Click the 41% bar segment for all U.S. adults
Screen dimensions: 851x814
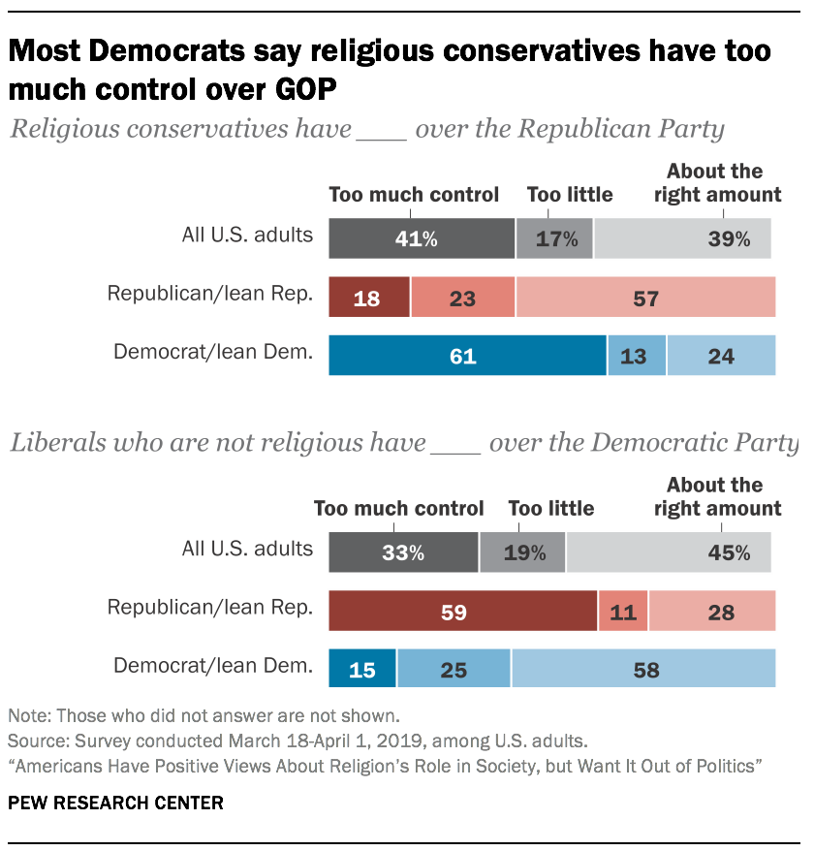pyautogui.click(x=422, y=238)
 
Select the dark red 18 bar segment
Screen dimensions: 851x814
pyautogui.click(x=369, y=298)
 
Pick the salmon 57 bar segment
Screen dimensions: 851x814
pyautogui.click(x=645, y=298)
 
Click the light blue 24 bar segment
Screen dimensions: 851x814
pyautogui.click(x=721, y=356)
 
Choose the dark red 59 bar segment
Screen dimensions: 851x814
pyautogui.click(x=463, y=612)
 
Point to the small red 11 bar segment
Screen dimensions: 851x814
pyautogui.click(x=623, y=612)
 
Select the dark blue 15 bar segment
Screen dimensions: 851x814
pyautogui.click(x=362, y=669)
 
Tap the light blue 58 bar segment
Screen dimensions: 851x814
pyautogui.click(x=643, y=669)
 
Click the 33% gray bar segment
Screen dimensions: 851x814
pyautogui.click(x=403, y=552)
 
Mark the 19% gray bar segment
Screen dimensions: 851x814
pyautogui.click(x=522, y=552)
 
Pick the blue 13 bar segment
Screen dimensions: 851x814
pyautogui.click(x=636, y=356)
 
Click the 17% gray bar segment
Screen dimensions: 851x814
pyautogui.click(x=554, y=238)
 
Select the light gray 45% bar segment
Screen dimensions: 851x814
pyautogui.click(x=669, y=552)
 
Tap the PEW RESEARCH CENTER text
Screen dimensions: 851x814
pyautogui.click(x=115, y=803)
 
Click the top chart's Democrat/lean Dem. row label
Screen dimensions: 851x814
pyautogui.click(x=213, y=352)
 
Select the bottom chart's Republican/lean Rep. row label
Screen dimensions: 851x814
pyautogui.click(x=209, y=608)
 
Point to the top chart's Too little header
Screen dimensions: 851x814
pyautogui.click(x=570, y=195)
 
